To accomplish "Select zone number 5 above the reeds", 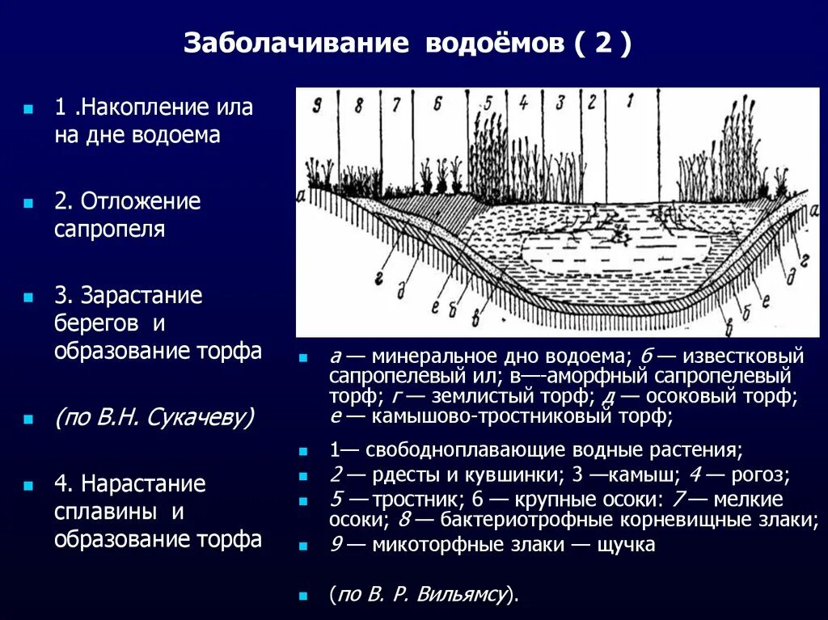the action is point(488,103).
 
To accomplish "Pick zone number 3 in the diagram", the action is point(559,103).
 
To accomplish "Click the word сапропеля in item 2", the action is point(110,230).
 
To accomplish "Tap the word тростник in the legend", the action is point(412,499).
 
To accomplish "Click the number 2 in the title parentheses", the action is point(603,43).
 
